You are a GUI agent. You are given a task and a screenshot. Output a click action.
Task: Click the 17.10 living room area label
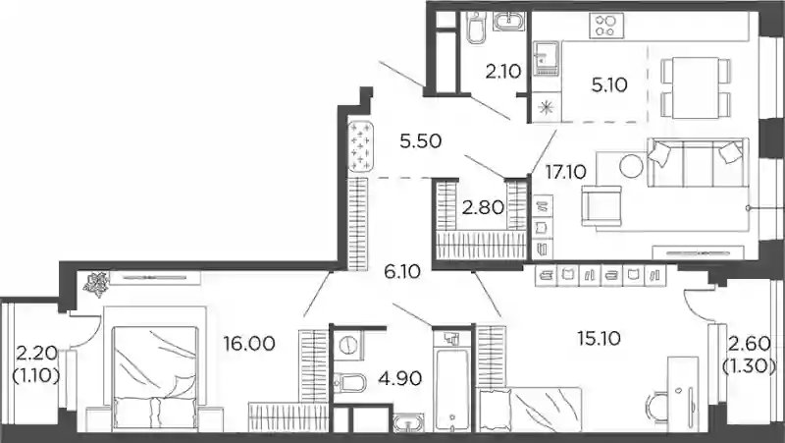[566, 173]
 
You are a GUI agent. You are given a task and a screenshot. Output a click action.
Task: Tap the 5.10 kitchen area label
[609, 85]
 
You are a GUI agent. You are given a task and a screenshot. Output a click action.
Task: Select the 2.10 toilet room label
[503, 72]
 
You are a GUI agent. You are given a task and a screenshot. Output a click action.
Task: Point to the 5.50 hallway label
[421, 141]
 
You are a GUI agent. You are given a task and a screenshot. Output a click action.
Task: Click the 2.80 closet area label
[483, 207]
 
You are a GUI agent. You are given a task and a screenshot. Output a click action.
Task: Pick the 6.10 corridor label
[402, 272]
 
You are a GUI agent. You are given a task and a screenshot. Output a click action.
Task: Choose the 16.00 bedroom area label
[249, 344]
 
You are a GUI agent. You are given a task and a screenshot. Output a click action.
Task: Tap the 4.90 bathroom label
[400, 378]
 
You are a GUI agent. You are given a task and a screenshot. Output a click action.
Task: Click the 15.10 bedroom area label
[599, 338]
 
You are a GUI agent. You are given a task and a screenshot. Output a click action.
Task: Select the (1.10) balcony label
[36, 374]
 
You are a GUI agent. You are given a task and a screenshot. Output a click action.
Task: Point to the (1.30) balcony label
[750, 366]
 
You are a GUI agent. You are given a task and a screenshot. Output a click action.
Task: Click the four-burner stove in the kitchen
[606, 26]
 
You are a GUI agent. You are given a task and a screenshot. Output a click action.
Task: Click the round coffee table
[631, 165]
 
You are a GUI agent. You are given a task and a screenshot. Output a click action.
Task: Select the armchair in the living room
[602, 206]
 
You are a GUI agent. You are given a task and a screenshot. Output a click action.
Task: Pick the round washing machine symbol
[346, 345]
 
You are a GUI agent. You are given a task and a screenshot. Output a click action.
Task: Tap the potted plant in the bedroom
[96, 284]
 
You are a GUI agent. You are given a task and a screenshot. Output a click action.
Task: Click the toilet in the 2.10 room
[475, 27]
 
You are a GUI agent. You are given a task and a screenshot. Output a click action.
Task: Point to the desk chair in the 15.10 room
[656, 410]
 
